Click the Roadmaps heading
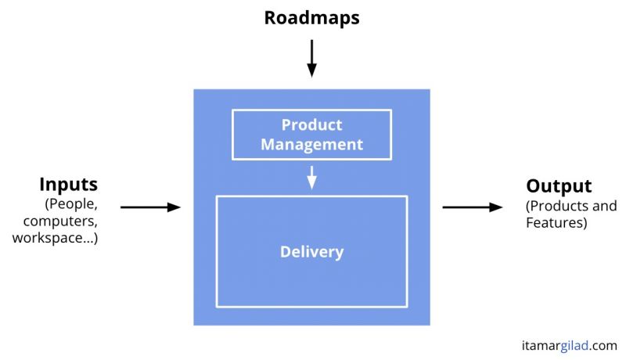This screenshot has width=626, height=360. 311,17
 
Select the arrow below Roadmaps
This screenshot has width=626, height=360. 311,58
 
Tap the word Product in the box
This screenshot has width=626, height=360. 311,125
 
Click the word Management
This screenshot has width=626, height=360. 311,145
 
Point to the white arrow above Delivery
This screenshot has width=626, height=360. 311,178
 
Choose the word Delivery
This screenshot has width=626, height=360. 311,251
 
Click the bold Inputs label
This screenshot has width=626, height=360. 69,185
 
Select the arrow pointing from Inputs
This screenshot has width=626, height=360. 150,207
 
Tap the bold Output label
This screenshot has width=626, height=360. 559,186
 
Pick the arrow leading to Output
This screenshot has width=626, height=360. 473,207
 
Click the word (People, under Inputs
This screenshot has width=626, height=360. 71,204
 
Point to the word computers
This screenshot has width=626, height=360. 60,221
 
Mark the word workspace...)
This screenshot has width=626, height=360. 55,238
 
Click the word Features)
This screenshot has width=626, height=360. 556,223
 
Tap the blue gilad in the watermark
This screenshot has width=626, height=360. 574,345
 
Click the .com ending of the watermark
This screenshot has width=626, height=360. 603,346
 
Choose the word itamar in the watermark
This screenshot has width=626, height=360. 541,346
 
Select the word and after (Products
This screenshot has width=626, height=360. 604,206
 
